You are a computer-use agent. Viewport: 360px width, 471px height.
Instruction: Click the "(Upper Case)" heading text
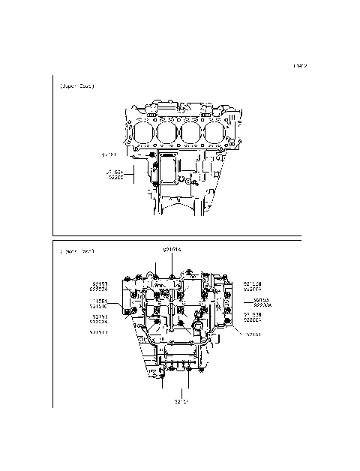(x=76, y=86)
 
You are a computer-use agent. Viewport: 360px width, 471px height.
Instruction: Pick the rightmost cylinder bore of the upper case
(x=217, y=133)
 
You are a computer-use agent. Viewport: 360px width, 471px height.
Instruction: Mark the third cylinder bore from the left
(x=191, y=133)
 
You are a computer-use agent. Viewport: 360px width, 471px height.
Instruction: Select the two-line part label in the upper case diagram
(x=116, y=176)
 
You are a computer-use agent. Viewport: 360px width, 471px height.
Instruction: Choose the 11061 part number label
(x=98, y=300)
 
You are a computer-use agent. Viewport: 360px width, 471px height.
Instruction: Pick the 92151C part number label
(x=98, y=306)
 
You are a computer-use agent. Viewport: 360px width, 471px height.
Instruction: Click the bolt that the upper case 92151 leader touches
(x=153, y=155)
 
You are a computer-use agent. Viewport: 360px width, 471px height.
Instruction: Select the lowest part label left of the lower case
(x=98, y=331)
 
